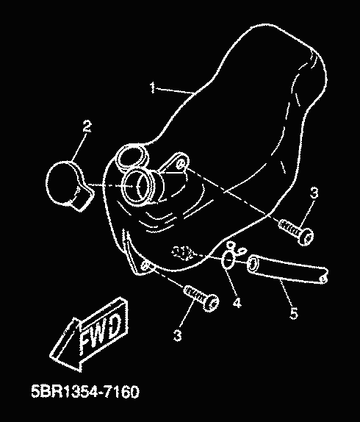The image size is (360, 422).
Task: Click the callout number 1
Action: point(152,88)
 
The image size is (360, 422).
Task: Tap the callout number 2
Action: point(87,126)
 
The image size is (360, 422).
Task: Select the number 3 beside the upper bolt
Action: point(314,193)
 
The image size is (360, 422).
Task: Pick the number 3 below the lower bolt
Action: point(178,335)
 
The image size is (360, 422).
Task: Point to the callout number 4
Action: point(237,303)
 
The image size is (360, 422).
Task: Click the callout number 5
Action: point(294,314)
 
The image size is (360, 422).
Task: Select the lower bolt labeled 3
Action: point(201,298)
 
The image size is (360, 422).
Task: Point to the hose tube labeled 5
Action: point(287,269)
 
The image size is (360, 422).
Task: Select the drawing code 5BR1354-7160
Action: point(85,392)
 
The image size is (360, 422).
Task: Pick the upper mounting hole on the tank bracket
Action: point(181,164)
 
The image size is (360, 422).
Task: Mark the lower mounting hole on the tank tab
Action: point(145,265)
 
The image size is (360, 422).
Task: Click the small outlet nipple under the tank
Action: point(183,253)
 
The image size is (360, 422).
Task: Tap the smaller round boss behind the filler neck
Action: point(131,158)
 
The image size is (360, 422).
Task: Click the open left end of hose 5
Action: point(252,264)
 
